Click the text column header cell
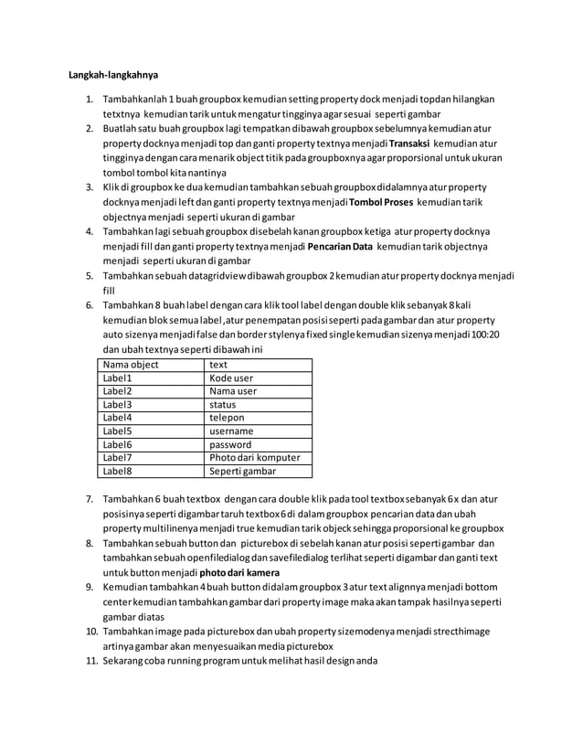(219, 363)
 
